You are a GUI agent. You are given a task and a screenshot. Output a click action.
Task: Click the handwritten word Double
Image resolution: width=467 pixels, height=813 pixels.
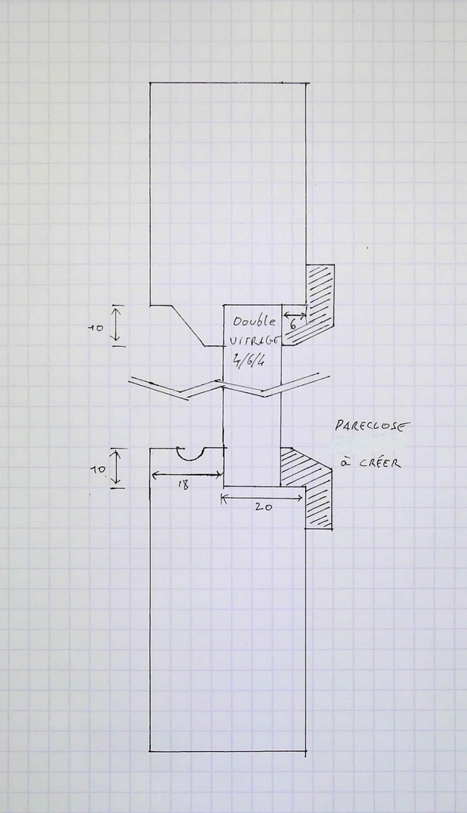tap(254, 322)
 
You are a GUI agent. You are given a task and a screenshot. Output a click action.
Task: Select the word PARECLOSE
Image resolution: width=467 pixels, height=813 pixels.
tap(372, 426)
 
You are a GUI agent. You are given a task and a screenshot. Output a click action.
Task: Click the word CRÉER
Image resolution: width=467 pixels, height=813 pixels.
tap(380, 462)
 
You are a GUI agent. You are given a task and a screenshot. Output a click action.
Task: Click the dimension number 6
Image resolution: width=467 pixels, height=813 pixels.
tap(293, 325)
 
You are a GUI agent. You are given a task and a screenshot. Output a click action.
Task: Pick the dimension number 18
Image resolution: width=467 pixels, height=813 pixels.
tap(183, 485)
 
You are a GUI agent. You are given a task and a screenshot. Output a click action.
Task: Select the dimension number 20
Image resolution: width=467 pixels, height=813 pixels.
tap(264, 507)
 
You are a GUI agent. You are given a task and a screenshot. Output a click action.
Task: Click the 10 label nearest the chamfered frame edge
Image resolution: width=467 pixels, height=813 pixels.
tap(96, 328)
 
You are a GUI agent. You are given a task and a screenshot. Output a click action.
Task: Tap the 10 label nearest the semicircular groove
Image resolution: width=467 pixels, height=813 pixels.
tap(99, 470)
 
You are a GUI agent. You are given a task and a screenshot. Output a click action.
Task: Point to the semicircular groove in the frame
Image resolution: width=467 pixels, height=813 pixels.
tap(191, 458)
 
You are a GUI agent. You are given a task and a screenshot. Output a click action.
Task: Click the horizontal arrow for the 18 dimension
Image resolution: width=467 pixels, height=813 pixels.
tap(187, 473)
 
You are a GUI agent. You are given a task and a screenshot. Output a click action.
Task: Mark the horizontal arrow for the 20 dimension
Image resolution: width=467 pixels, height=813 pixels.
tap(262, 499)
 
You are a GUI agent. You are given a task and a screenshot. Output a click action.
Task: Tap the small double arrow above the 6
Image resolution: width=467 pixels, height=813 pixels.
tap(295, 314)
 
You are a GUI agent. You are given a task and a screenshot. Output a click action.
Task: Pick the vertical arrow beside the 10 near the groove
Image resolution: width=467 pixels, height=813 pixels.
tap(118, 468)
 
